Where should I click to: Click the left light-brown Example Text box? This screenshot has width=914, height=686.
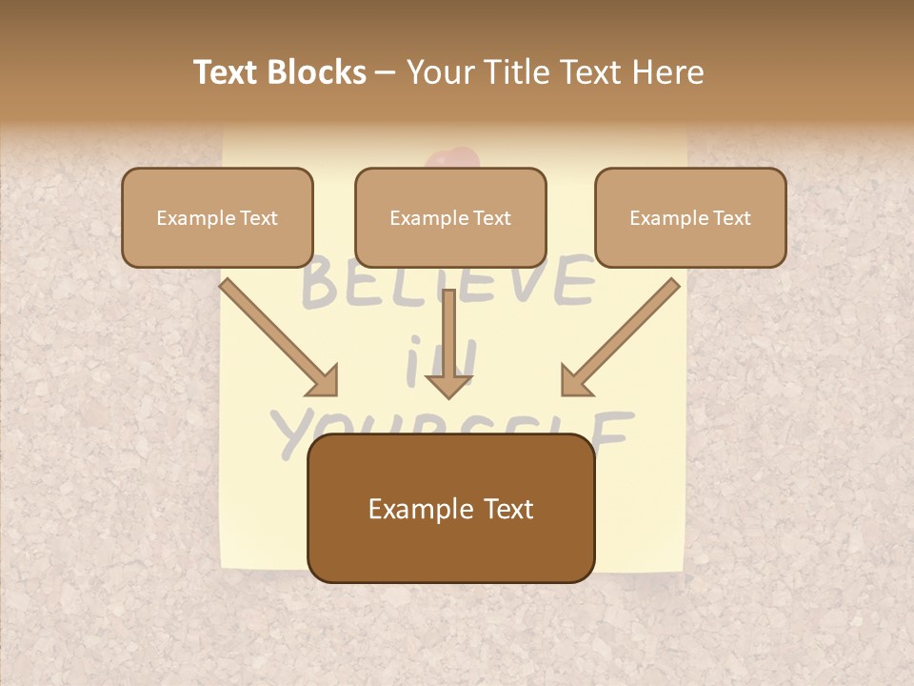(x=217, y=217)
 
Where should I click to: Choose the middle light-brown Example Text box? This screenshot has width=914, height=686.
(x=450, y=217)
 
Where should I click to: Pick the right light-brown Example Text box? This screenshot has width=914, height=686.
(x=690, y=217)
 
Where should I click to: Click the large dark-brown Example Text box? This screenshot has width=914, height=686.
(x=450, y=508)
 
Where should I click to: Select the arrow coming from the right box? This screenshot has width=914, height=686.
(x=620, y=337)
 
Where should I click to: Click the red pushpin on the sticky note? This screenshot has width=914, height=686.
(x=449, y=159)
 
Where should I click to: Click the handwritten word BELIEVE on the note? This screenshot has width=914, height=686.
(x=447, y=284)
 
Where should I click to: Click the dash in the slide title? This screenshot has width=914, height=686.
(x=386, y=72)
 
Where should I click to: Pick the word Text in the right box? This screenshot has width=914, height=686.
(x=731, y=217)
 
